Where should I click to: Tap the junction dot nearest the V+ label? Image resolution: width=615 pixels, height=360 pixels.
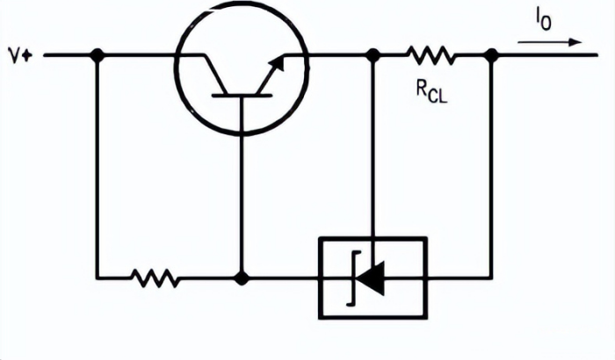point(97,54)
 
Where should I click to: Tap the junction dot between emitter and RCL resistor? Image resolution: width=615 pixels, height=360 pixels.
point(373,54)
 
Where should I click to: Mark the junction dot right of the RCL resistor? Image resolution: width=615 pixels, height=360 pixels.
point(492,54)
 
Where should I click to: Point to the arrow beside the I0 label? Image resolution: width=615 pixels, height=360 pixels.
point(549,41)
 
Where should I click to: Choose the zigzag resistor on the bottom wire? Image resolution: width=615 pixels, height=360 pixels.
point(156,279)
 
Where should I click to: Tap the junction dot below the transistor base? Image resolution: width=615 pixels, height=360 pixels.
point(242,279)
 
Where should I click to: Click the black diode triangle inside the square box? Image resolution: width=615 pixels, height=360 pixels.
point(373,279)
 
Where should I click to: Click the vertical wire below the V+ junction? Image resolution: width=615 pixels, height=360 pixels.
point(97,167)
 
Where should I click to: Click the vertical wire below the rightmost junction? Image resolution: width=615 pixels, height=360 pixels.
point(492,167)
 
